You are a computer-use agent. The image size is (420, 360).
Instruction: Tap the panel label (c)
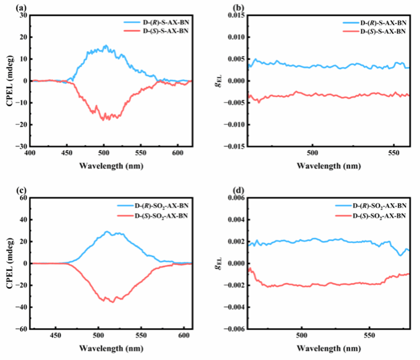tap(7, 193)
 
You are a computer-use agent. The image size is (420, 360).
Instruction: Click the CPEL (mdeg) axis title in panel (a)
tap(7, 81)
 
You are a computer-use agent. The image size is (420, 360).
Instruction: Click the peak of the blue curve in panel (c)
tap(106, 232)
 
